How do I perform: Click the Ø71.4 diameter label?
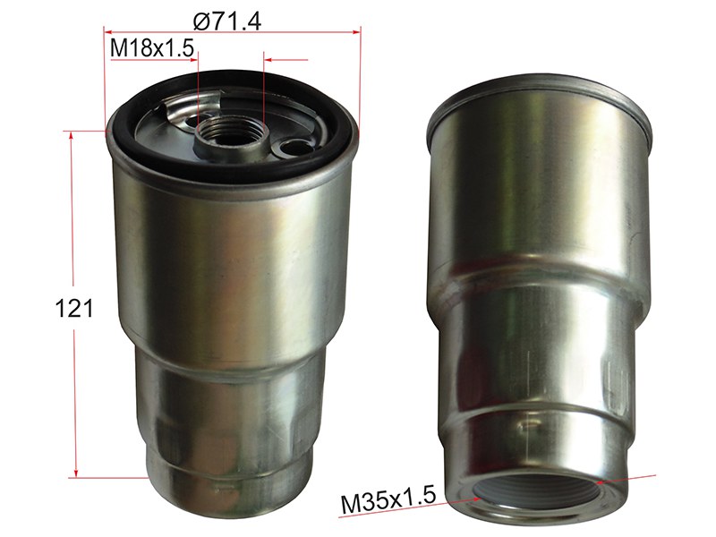[x=227, y=21]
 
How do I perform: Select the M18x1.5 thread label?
[x=152, y=48]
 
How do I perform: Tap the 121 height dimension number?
[x=73, y=308]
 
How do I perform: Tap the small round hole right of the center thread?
[x=292, y=148]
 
